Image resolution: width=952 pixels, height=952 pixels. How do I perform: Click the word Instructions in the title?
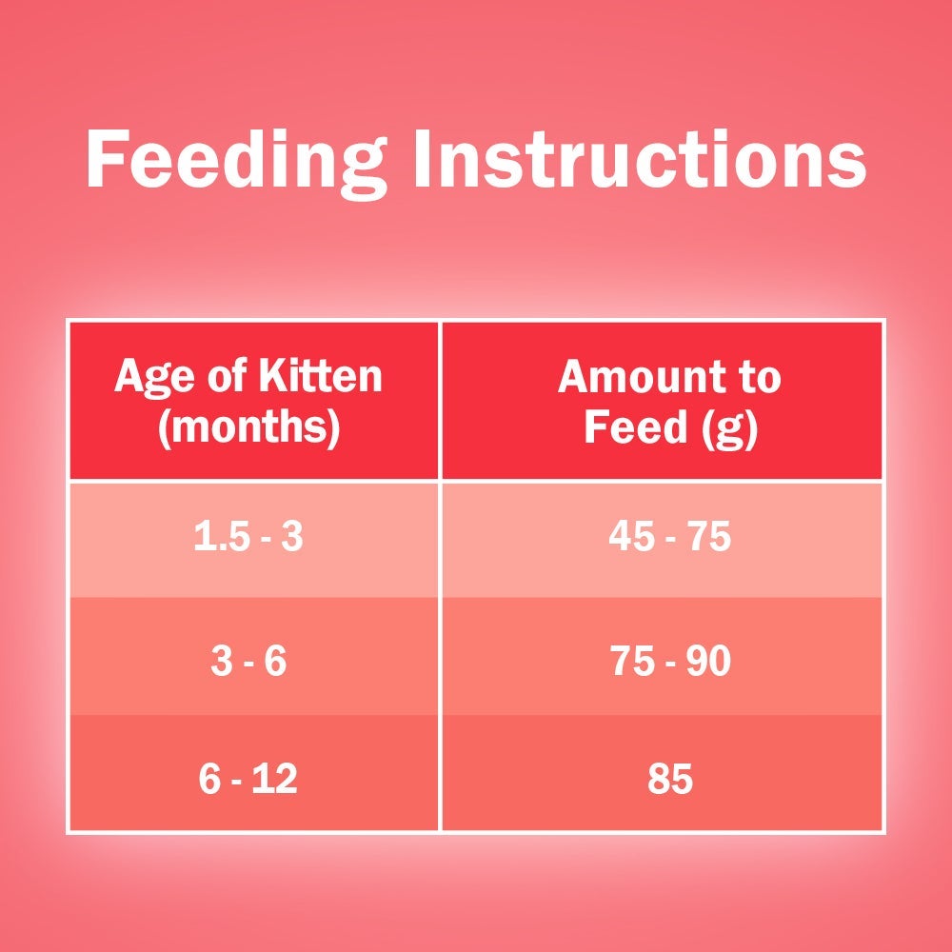click(641, 159)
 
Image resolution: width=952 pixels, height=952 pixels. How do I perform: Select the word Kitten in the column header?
click(321, 376)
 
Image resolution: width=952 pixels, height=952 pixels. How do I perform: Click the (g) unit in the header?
click(729, 428)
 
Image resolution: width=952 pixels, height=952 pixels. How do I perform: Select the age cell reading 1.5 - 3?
click(248, 537)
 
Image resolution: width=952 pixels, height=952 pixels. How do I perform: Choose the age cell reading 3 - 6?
click(248, 661)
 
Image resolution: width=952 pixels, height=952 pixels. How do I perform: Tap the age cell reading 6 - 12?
click(248, 779)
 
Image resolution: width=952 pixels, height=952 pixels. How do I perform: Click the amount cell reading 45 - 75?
click(669, 537)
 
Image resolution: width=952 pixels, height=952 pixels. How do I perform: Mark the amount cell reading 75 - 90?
click(670, 661)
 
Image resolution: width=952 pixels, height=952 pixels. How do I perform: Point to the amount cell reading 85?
click(669, 779)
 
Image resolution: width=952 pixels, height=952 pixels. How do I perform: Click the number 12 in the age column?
click(275, 779)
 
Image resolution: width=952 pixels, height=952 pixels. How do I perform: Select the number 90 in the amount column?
click(708, 661)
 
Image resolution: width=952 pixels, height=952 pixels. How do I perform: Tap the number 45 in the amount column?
click(631, 537)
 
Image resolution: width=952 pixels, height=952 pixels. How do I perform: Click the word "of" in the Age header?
click(226, 376)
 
